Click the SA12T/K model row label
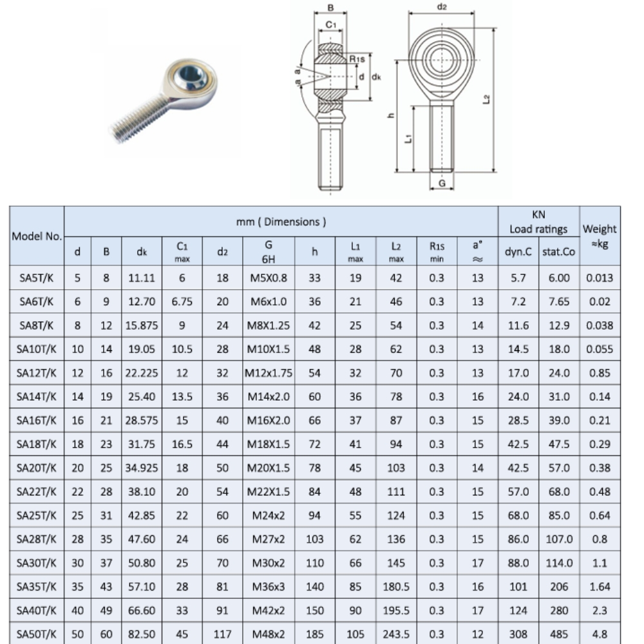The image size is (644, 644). pos(37,372)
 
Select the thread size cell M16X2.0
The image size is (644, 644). pos(269,421)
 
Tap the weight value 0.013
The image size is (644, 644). pos(600,278)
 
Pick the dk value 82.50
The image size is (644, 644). pos(141,634)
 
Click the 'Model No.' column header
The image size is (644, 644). pos(37,236)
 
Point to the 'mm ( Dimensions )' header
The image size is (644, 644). pos(281,222)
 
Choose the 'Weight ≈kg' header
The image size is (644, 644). pos(600,236)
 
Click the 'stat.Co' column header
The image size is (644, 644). pos(558,252)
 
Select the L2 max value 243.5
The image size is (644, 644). pos(396,634)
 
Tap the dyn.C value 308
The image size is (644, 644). pos(518,634)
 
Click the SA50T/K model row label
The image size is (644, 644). pos(37,634)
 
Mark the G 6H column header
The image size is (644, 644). pos(269,252)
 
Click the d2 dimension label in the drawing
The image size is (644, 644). pos(442,7)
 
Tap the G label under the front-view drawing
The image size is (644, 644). pos(442,184)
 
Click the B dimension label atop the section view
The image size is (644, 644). pos(330,8)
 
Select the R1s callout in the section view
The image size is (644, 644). pos(357,59)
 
